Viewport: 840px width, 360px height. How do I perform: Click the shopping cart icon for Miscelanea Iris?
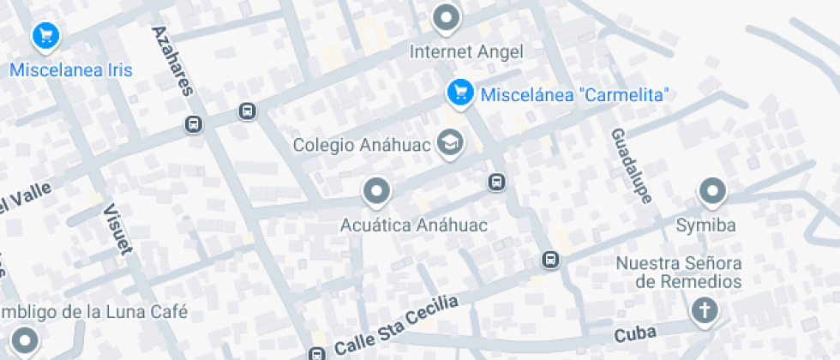pos(45,36)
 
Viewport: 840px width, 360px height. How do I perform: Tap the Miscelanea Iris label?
pos(71,70)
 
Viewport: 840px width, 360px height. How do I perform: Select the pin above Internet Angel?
pos(446,17)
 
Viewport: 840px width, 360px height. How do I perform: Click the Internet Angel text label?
pos(466,51)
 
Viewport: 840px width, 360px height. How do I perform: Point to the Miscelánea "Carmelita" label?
pos(574,94)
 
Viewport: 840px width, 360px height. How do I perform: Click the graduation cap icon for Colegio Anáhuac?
pos(449,143)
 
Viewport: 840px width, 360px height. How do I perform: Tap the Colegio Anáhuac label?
pos(364,144)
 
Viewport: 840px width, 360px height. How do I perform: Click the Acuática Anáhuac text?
pos(414,225)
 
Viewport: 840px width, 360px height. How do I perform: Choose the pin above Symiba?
pos(712,192)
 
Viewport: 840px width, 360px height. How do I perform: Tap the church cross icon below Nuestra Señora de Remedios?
pos(705,311)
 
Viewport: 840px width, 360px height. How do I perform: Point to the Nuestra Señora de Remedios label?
pos(690,272)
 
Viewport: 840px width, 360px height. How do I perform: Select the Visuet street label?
pos(117,230)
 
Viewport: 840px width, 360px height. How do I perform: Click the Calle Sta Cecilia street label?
pos(397,327)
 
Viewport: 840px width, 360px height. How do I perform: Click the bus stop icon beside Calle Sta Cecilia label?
pos(318,354)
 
